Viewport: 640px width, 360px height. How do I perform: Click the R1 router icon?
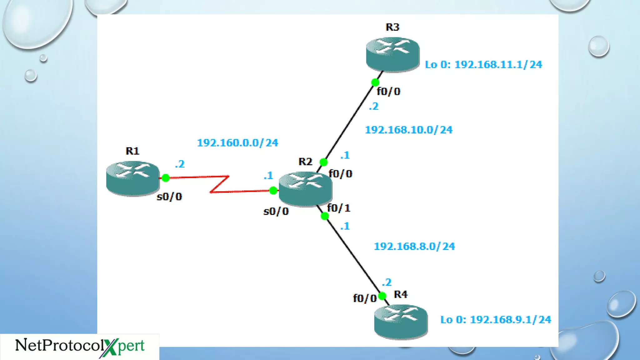133,178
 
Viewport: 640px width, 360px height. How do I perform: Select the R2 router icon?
305,188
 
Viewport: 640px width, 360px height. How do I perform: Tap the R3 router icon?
392,54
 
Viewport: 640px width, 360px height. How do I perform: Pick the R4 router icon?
401,322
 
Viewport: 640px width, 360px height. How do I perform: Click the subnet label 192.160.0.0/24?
237,143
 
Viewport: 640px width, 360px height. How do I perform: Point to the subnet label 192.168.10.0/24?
408,130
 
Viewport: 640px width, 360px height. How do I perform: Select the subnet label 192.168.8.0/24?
414,246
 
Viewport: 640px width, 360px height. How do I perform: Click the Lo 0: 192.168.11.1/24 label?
483,65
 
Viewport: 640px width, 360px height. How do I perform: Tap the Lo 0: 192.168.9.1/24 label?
496,320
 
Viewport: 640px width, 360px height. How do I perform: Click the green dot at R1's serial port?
166,178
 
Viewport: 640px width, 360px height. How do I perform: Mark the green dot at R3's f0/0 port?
375,82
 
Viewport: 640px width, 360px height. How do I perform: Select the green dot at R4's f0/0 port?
382,296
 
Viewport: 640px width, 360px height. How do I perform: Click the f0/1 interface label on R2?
339,208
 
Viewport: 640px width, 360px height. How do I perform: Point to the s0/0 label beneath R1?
169,197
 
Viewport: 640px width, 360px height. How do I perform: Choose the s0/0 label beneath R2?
276,212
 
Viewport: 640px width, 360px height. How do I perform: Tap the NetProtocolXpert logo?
80,346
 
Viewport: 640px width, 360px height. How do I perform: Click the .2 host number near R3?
373,107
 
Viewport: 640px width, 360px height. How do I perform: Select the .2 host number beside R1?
180,164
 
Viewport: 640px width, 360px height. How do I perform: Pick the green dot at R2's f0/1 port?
325,216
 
